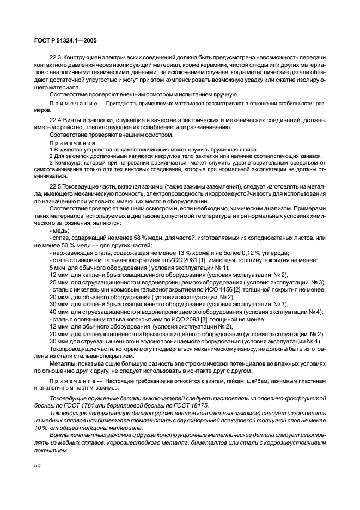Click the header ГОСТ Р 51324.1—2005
pyautogui.click(x=61, y=40)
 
